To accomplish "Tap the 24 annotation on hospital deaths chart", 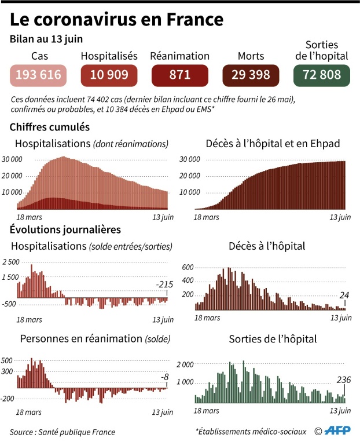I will [x=344, y=296].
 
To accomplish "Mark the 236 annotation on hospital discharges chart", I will [x=344, y=380].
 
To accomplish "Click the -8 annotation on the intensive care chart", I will [x=165, y=377].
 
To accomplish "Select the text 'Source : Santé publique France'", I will [x=63, y=432].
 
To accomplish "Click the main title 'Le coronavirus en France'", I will [x=116, y=19].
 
